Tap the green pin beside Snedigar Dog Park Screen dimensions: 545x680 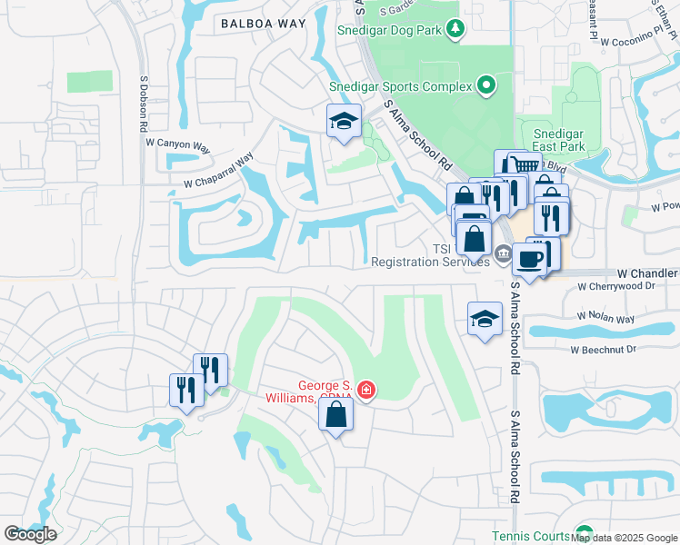pos(456,30)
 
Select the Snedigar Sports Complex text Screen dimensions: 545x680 pos(401,86)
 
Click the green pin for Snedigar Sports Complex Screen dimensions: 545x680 pos(486,86)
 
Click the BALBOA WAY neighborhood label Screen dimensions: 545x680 pos(258,25)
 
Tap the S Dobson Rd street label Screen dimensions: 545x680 pos(143,103)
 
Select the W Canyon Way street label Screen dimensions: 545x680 pos(177,144)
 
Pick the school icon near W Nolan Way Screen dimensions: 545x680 pos(485,319)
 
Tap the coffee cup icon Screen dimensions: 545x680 pos(528,259)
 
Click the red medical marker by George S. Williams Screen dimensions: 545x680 pos(365,391)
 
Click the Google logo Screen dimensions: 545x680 pos(30,534)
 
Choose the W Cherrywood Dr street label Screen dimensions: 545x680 pos(616,285)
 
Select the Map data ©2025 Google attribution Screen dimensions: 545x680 pos(624,538)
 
